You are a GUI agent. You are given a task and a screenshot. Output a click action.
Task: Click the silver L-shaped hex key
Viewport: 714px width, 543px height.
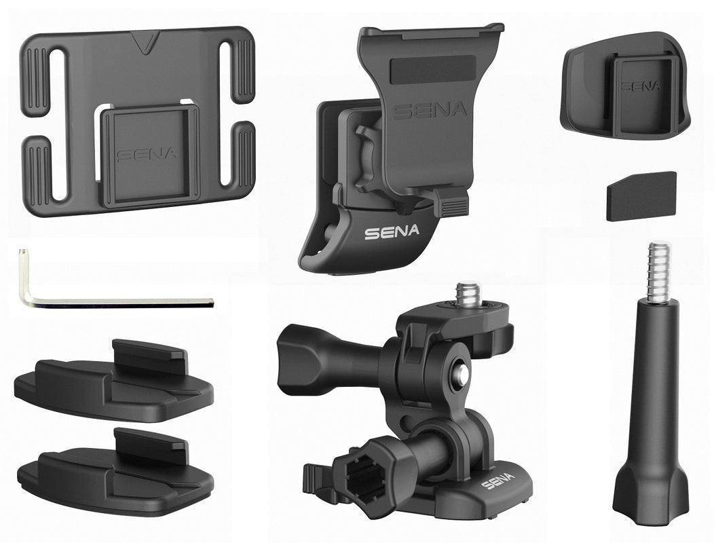tap(122, 301)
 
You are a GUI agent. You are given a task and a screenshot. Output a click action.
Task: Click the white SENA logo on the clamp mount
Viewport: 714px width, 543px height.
tap(392, 232)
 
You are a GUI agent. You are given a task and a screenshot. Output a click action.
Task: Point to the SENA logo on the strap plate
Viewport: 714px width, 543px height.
tap(146, 155)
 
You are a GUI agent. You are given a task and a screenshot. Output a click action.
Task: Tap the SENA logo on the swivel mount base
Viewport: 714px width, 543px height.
tap(497, 483)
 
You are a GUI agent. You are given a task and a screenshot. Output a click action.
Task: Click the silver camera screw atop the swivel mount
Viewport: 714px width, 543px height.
tap(466, 293)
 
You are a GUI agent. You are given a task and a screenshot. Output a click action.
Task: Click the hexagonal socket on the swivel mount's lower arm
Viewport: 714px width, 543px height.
tap(366, 473)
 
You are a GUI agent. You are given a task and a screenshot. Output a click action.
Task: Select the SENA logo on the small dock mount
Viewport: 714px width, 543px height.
tap(640, 87)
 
